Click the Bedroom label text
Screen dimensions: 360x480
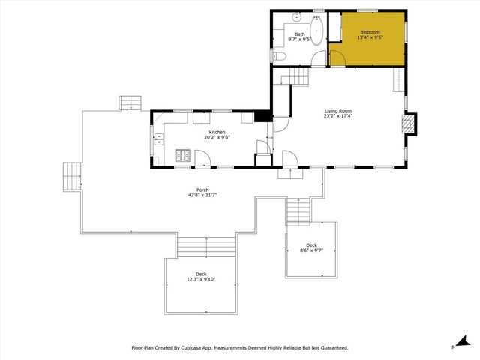370,32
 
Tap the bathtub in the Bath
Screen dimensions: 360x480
316,33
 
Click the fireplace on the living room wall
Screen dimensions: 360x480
409,124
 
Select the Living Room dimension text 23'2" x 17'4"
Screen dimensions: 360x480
338,116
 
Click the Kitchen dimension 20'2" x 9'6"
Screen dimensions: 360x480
217,137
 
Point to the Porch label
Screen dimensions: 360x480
202,190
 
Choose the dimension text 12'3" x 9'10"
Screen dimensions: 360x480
201,279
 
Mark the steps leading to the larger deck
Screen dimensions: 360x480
205,247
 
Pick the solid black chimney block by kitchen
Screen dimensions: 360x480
262,115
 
